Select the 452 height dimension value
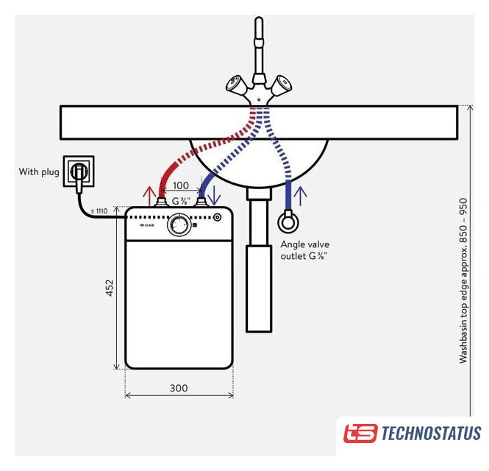110,288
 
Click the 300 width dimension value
179,388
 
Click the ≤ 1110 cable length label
99,211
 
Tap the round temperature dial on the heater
179,225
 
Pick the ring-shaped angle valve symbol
287,222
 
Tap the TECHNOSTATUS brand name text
431,433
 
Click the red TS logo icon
360,433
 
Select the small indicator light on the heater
218,218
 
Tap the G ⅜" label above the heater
180,201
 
